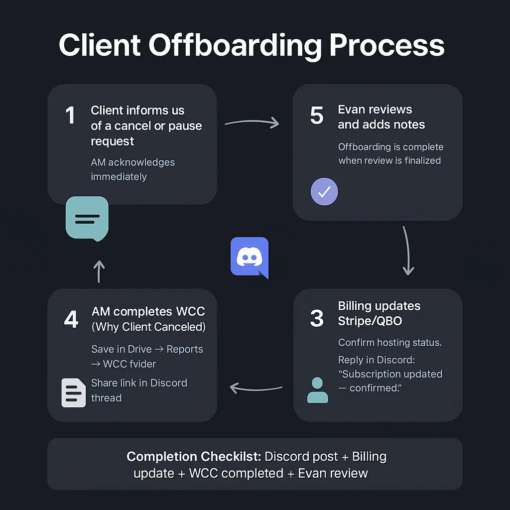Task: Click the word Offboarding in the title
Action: (235, 46)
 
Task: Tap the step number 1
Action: (70, 116)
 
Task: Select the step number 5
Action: (317, 115)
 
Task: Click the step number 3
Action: (317, 319)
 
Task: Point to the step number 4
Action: (71, 320)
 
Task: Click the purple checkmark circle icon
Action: (324, 192)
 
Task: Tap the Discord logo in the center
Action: (250, 257)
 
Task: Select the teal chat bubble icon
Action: (87, 218)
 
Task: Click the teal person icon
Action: (318, 389)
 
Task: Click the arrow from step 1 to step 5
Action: (252, 122)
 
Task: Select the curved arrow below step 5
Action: (407, 251)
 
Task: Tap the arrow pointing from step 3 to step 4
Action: (255, 387)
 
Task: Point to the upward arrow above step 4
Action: (99, 271)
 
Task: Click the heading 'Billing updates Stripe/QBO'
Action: (379, 313)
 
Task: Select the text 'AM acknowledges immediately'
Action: (132, 169)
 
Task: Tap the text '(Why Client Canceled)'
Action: (148, 327)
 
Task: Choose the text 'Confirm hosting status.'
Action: (390, 343)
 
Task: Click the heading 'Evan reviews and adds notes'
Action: (381, 117)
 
